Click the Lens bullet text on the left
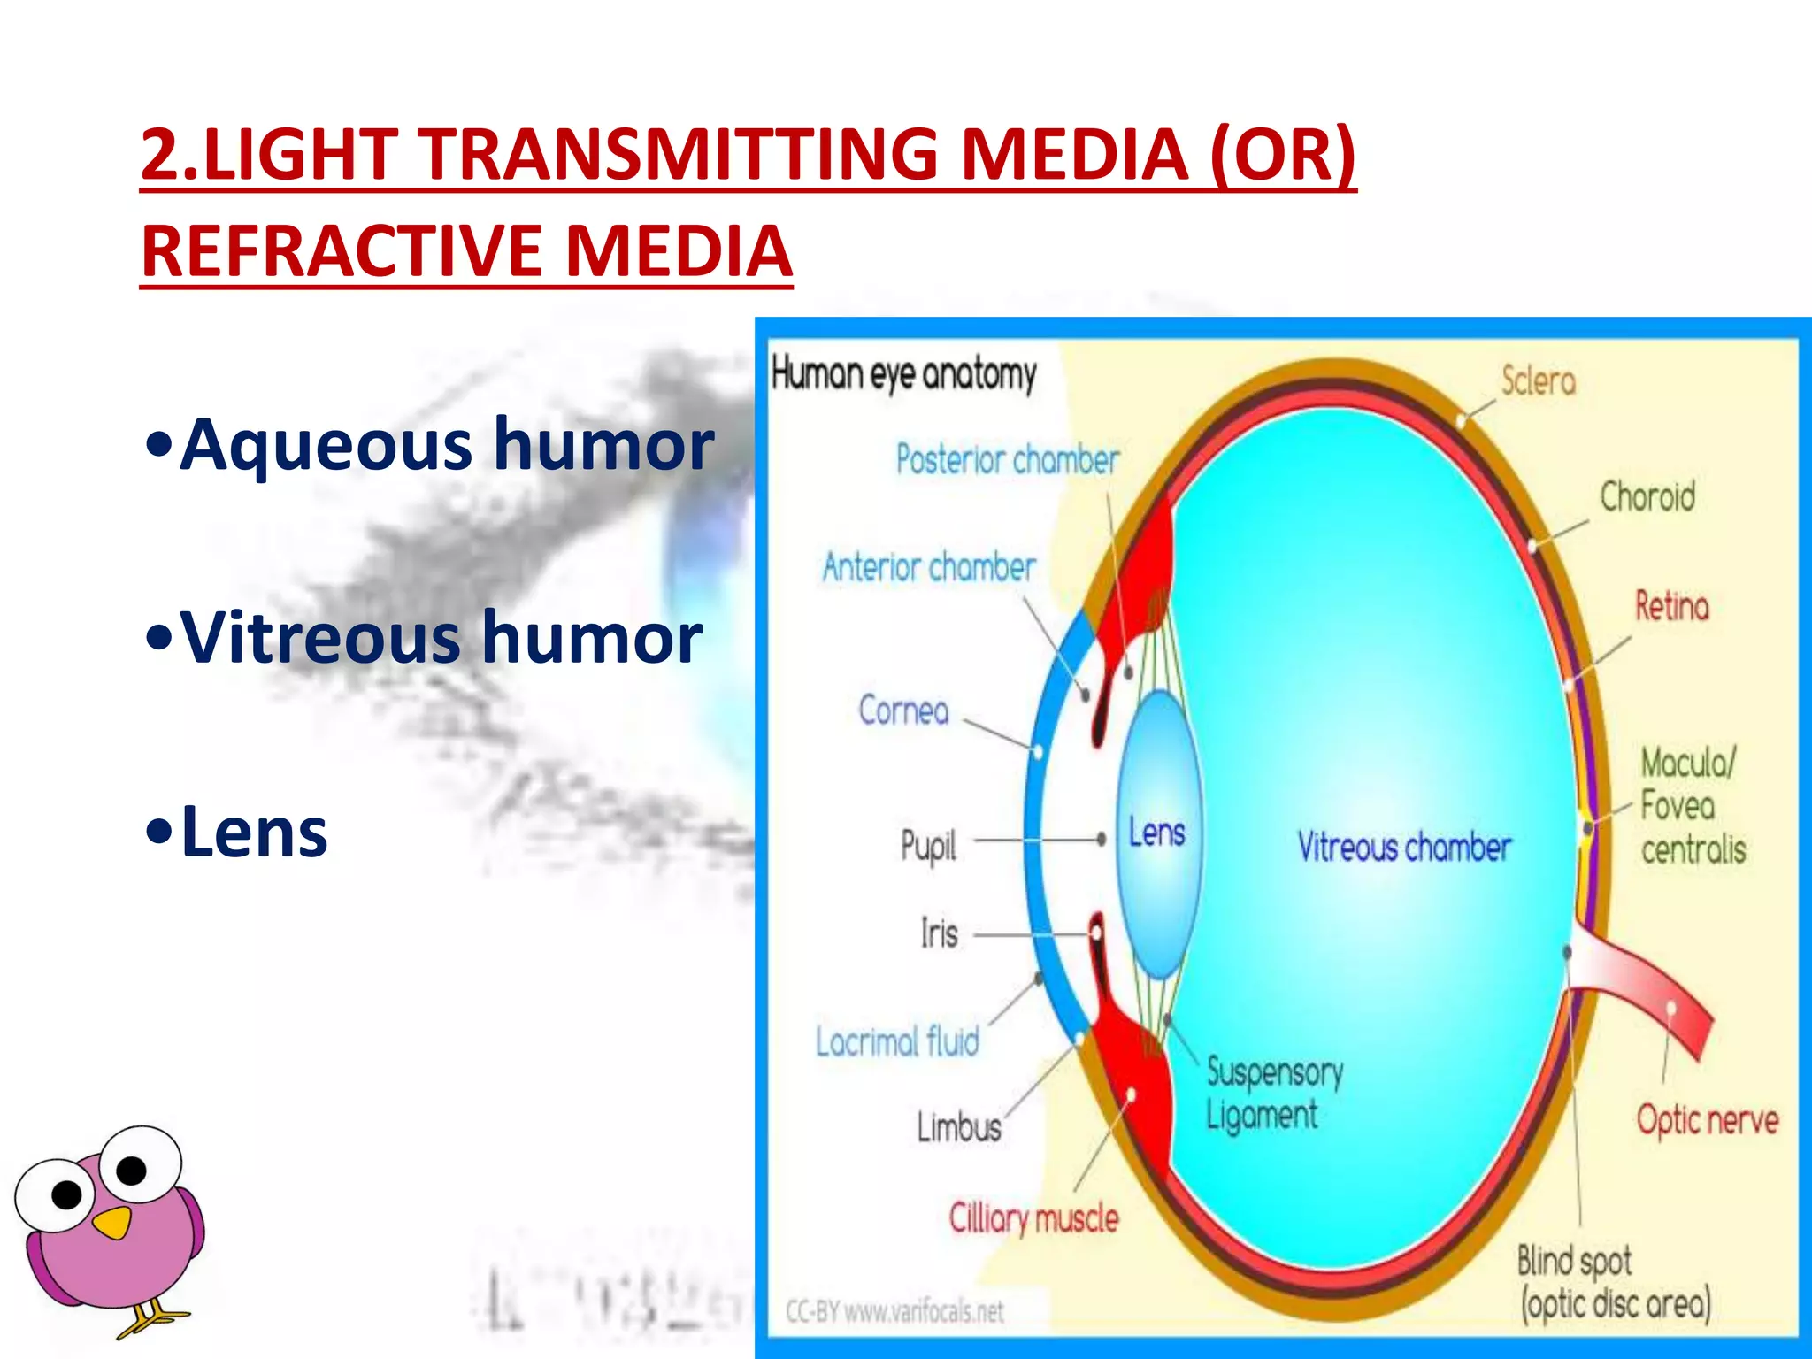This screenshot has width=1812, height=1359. pos(253,833)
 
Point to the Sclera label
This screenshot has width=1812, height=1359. pos(1539,381)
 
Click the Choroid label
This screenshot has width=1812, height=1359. pos(1647,496)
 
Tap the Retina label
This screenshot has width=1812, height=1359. pos(1671,607)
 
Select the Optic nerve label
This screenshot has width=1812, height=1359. pos(1707,1120)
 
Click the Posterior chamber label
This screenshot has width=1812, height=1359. pos(1007,460)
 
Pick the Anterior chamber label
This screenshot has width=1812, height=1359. pos(929,567)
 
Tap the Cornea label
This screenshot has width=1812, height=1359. pos(903,710)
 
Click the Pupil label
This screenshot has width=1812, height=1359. pos(928,846)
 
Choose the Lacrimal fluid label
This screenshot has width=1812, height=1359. pos(897,1042)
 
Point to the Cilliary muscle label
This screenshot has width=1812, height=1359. pos(1033,1219)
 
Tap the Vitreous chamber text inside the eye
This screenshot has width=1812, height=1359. pos(1404,848)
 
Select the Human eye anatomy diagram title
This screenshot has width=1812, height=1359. pos(903,374)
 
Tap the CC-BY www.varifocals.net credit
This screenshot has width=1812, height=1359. pos(894,1311)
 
